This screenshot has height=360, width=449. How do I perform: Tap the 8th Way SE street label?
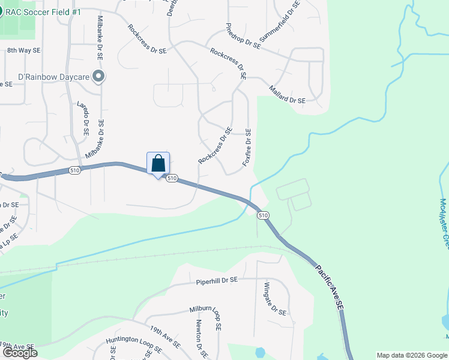point(24,52)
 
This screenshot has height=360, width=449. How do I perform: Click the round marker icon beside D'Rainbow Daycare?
point(100,76)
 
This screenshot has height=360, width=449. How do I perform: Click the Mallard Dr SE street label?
point(288,94)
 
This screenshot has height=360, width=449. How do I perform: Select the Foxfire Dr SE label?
point(247,148)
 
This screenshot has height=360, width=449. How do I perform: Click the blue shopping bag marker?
point(158,163)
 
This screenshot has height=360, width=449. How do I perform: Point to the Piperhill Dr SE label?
point(217,280)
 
